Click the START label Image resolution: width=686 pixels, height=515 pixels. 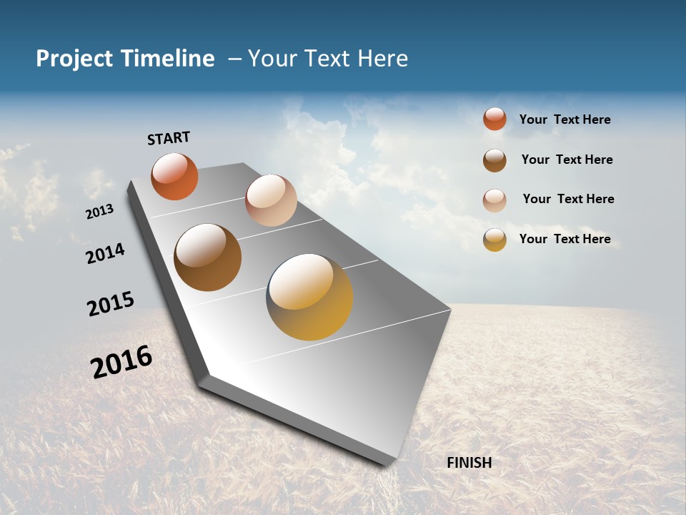point(169,138)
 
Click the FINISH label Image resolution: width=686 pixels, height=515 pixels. point(469,463)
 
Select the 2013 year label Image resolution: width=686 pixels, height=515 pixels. point(99,212)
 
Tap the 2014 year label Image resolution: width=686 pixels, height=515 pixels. point(105,254)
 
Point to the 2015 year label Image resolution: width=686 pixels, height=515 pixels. point(111,304)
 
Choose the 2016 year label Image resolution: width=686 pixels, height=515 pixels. point(121,362)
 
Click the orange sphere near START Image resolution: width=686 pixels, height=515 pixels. point(174,176)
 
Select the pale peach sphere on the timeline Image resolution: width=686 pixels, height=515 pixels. point(271,200)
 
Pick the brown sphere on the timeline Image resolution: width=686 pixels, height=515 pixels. point(207,257)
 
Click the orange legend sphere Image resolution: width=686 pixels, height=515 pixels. point(494,119)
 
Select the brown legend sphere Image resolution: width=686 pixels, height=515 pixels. point(494,160)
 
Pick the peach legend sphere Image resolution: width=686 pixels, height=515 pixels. point(494,200)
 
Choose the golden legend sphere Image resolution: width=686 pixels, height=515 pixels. point(494,240)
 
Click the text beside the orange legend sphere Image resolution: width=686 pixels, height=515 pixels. point(565,119)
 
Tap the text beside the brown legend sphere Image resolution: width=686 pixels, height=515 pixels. point(567,160)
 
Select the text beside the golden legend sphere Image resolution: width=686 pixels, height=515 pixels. point(565,239)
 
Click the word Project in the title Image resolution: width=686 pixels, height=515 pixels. point(75,59)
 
